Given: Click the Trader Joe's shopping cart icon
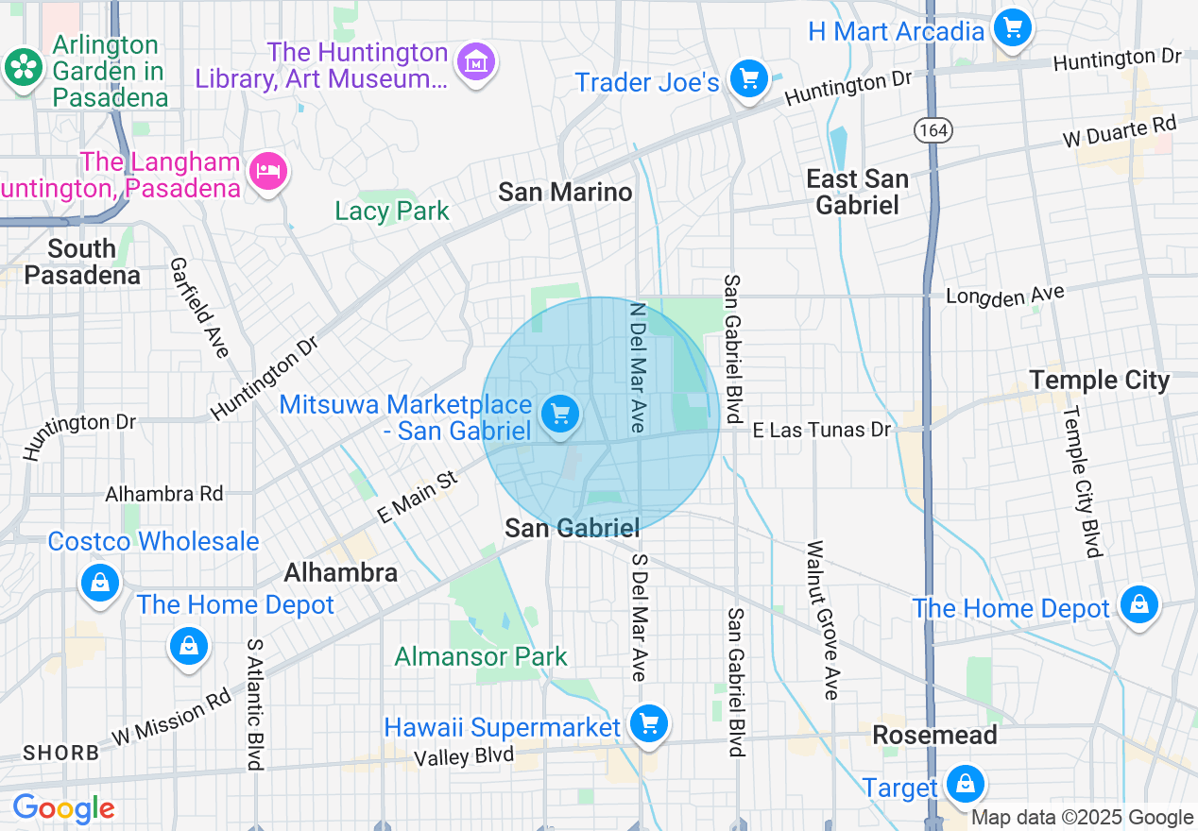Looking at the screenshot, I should [749, 77].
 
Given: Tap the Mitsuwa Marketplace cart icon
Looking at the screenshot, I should [560, 414].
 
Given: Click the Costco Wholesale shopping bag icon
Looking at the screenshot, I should [99, 581].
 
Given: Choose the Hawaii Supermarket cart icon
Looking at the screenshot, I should [648, 724].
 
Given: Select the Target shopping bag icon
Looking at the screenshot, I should [965, 784].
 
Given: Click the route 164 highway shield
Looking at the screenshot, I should [932, 130].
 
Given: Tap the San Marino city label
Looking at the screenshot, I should [565, 193].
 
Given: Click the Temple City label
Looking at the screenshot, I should [1099, 381].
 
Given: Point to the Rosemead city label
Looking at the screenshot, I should [933, 735].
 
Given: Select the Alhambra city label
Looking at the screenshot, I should [340, 572].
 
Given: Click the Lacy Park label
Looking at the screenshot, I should [392, 211].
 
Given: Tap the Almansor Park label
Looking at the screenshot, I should [481, 656].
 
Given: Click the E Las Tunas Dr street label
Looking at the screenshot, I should [822, 431].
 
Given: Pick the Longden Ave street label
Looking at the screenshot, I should [1004, 297].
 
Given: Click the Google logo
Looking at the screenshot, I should [63, 808].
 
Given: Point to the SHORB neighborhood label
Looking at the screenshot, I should [60, 754].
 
